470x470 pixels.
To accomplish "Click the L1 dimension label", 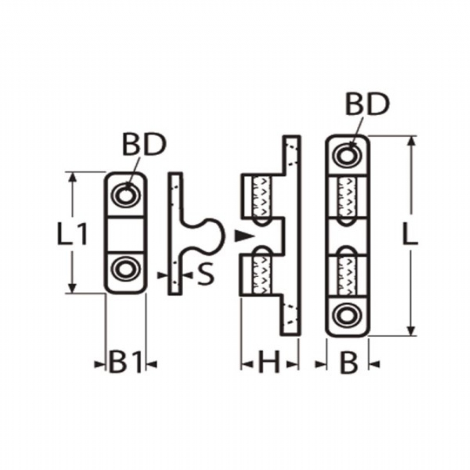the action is [x=72, y=233].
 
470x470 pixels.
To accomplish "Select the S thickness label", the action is [x=206, y=274].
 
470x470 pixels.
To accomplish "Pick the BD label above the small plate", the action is [x=144, y=145].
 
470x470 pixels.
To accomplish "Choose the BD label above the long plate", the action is [x=367, y=104].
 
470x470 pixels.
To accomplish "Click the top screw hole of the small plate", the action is [x=125, y=195].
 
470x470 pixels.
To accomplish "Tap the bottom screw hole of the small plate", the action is [x=125, y=269].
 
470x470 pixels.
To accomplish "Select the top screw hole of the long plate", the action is [x=348, y=156].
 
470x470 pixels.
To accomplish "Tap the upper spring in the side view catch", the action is [x=263, y=196].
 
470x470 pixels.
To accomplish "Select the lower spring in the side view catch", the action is [x=263, y=275].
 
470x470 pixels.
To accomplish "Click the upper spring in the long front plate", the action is [x=347, y=196].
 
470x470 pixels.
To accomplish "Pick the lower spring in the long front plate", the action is [x=347, y=275].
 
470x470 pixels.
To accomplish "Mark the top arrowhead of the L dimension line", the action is [x=412, y=141].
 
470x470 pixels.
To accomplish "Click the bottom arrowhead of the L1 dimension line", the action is [x=72, y=288].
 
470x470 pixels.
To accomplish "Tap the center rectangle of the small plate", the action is [x=125, y=234].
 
